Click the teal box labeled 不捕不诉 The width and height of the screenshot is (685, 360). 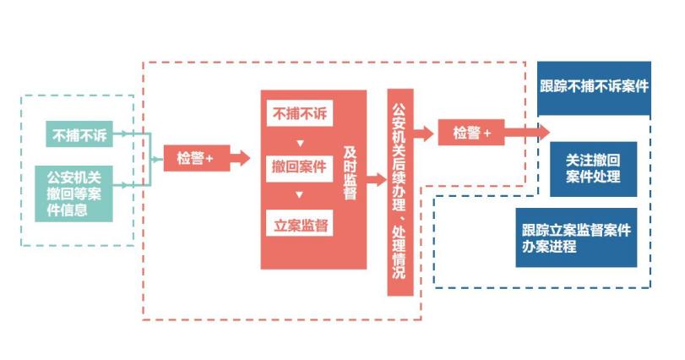[x=77, y=134]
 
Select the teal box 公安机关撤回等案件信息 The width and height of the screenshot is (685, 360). [x=73, y=194]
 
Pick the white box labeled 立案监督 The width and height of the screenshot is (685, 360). [x=302, y=224]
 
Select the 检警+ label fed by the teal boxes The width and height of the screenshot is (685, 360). [x=195, y=158]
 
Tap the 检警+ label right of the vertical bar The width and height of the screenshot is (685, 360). [x=472, y=132]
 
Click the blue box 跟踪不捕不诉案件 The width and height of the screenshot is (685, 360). [x=594, y=87]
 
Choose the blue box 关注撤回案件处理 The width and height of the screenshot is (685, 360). [x=594, y=167]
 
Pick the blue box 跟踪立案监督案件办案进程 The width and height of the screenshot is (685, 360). [x=577, y=237]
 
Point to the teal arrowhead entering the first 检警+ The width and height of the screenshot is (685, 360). [x=158, y=158]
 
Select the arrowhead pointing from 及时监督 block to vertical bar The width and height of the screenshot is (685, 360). [x=382, y=179]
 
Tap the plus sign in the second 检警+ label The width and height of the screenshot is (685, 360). [x=487, y=132]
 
